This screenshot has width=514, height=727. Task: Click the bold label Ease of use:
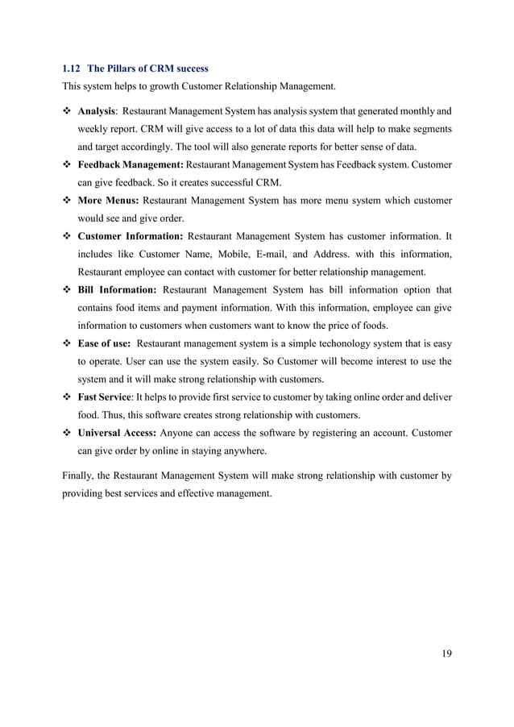coord(104,343)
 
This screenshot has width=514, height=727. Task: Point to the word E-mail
coord(257,255)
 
